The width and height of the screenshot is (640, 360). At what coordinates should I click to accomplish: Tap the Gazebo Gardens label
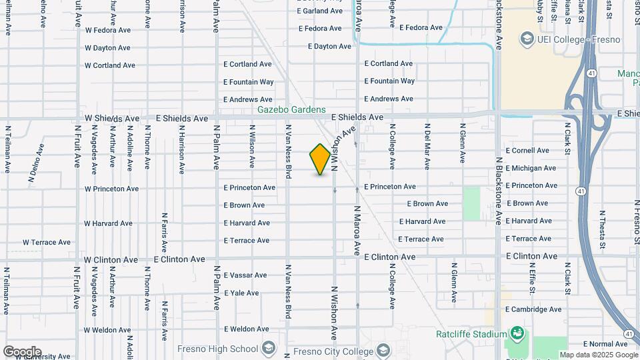click(292, 109)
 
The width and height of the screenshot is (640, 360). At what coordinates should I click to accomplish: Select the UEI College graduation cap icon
click(527, 39)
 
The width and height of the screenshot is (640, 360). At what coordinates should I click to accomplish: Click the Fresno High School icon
click(268, 349)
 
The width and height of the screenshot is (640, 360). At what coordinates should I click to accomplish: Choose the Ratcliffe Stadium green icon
click(517, 333)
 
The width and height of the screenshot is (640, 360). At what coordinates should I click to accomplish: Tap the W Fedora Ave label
click(108, 30)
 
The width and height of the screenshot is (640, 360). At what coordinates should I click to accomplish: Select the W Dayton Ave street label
click(107, 48)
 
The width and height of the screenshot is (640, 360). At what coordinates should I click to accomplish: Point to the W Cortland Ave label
click(110, 65)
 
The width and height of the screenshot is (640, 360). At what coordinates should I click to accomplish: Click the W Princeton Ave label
click(112, 189)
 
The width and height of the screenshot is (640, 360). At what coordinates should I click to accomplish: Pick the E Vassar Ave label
click(245, 275)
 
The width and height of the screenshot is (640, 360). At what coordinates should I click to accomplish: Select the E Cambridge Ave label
click(533, 309)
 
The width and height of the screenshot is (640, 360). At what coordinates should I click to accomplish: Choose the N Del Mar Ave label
click(427, 143)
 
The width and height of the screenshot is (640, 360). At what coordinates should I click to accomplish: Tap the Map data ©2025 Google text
click(598, 355)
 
